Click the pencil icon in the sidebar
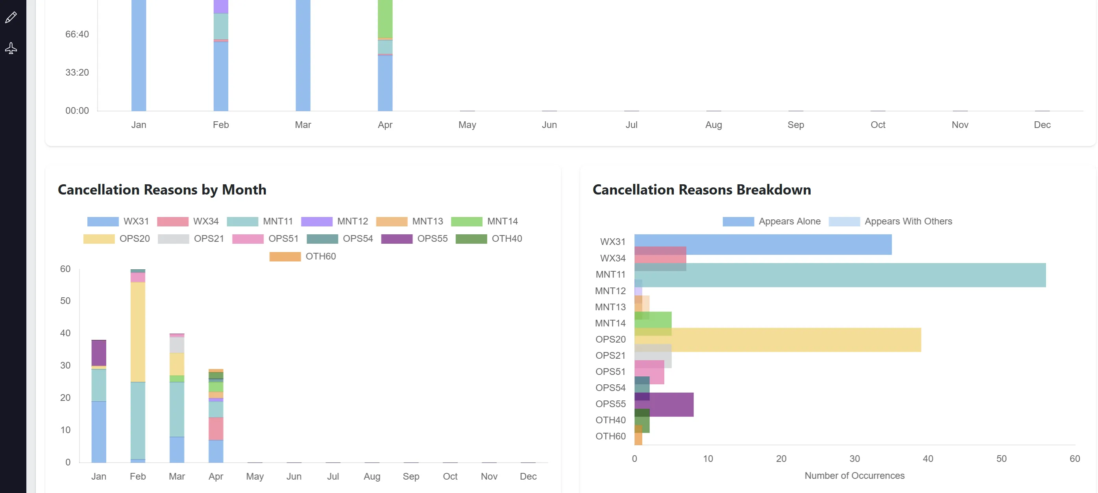point(11,17)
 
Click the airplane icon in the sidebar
point(11,48)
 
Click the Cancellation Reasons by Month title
point(162,190)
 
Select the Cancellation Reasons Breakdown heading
point(702,190)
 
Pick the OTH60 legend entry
point(303,257)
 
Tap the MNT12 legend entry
point(335,221)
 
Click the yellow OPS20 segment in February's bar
point(138,332)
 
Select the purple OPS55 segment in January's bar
point(99,353)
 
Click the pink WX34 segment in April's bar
point(216,428)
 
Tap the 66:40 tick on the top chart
point(77,34)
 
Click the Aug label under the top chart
point(714,125)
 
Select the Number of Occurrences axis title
point(854,476)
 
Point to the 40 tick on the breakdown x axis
point(928,459)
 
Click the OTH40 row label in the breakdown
point(610,420)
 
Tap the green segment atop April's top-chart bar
point(385,19)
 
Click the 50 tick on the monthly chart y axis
point(65,301)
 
